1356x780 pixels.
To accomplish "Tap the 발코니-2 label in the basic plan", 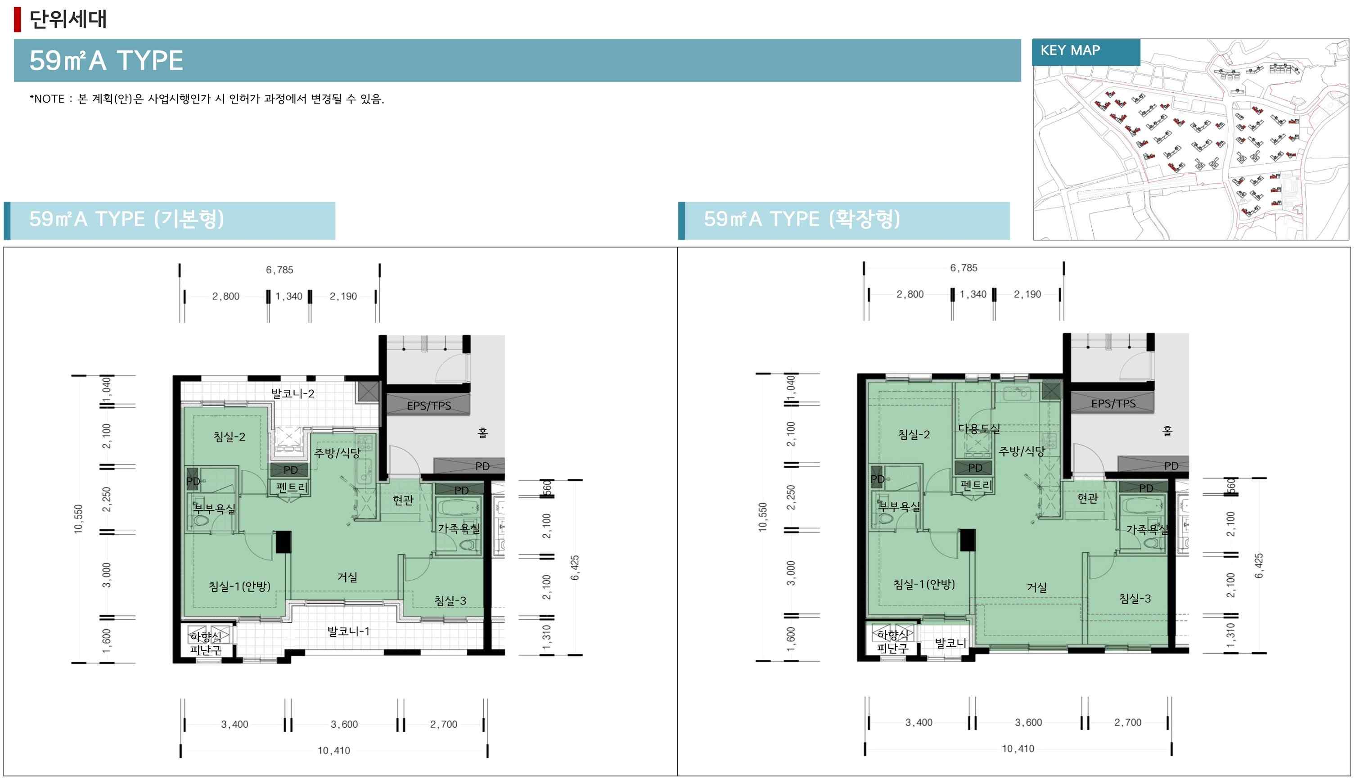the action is tap(293, 393).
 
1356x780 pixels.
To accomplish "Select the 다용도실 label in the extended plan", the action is tap(978, 428).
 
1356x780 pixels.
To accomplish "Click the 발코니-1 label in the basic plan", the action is tap(348, 631).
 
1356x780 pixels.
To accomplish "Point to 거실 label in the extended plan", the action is tap(1037, 587).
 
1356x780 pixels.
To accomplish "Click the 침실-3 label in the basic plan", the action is tap(450, 600).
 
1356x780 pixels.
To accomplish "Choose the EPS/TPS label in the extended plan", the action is tap(1113, 403).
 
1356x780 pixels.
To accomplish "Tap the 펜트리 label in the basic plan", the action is tap(291, 487).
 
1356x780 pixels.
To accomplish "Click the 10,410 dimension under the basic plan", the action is tap(333, 751).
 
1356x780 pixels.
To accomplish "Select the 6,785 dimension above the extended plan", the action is tap(964, 268).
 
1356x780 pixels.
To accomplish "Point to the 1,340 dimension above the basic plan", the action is tap(288, 296).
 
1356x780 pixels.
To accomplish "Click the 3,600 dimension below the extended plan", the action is tap(1028, 722).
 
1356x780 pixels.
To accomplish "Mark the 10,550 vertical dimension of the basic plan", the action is tap(79, 518).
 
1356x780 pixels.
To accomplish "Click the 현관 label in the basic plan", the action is tap(403, 500).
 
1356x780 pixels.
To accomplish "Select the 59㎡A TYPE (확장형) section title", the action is tap(802, 219).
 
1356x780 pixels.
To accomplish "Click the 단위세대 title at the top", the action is tap(68, 19).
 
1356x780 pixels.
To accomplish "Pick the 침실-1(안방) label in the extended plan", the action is tap(924, 584).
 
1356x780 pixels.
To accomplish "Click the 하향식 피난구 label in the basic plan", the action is tap(205, 643).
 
